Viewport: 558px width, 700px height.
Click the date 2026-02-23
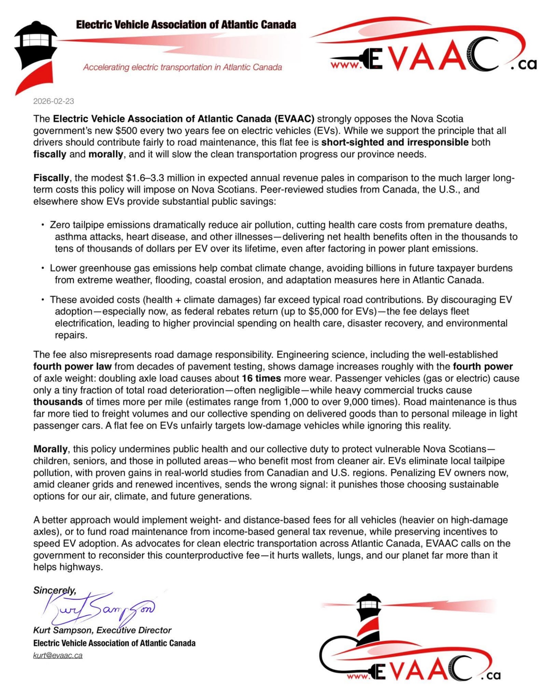click(x=54, y=101)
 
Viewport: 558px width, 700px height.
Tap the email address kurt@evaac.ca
click(x=58, y=655)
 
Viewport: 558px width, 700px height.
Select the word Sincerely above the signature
click(x=54, y=590)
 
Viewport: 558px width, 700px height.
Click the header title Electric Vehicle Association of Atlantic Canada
click(x=186, y=25)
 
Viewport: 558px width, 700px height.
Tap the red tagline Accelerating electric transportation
click(x=182, y=67)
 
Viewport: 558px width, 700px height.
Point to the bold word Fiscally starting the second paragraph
click(x=51, y=178)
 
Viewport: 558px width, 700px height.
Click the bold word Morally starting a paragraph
click(x=50, y=449)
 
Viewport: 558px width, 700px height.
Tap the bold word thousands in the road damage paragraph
click(x=58, y=402)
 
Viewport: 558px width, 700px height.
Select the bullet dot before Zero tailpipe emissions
click(x=43, y=225)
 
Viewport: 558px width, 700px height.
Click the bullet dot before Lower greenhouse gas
click(x=43, y=268)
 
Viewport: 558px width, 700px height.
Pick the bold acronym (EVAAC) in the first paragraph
click(x=294, y=119)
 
